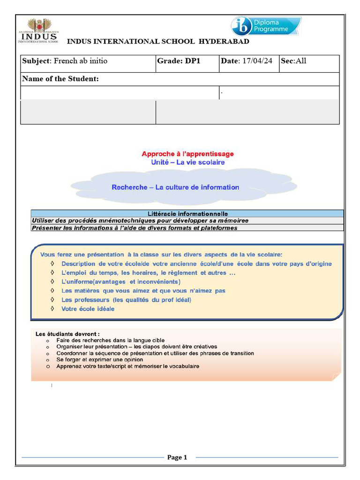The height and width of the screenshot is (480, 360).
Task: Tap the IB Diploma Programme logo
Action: pyautogui.click(x=266, y=26)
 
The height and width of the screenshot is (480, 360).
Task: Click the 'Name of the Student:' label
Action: pyautogui.click(x=60, y=79)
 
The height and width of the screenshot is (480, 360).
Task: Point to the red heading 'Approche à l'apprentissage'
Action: pyautogui.click(x=187, y=154)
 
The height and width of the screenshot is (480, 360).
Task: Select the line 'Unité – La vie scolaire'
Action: pyautogui.click(x=187, y=162)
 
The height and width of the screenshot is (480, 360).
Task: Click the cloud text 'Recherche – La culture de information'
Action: pyautogui.click(x=175, y=187)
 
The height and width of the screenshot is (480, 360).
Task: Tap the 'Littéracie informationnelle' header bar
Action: pyautogui.click(x=187, y=214)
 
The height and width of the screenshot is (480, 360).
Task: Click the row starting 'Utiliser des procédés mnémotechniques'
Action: pyautogui.click(x=140, y=220)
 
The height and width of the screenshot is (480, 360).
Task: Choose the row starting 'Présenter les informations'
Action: pyautogui.click(x=134, y=228)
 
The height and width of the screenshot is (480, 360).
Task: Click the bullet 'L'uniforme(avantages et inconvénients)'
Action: pyautogui.click(x=120, y=282)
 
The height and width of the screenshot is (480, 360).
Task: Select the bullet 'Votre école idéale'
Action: pyautogui.click(x=88, y=309)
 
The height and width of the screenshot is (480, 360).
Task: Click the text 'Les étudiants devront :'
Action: pyautogui.click(x=67, y=334)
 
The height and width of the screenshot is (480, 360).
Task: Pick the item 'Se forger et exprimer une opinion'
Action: pyautogui.click(x=100, y=360)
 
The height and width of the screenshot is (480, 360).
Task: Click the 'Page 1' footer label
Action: pyautogui.click(x=177, y=457)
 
